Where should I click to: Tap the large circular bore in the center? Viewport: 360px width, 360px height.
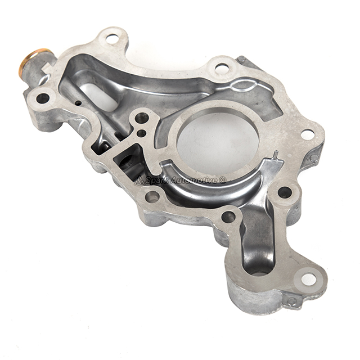tap(218, 142)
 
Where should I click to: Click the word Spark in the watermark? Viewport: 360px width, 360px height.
tap(155, 180)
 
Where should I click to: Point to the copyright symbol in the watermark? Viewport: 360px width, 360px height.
tap(222, 180)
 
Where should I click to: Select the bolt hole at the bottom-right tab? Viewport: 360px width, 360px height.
tap(309, 279)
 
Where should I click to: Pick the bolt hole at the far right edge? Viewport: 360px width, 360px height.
tap(308, 134)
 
